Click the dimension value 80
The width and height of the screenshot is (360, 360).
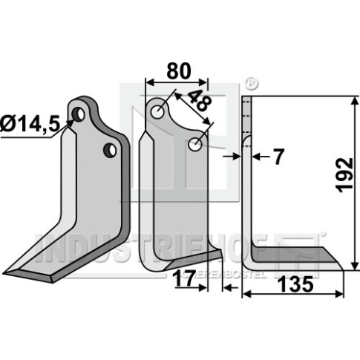tap(179, 71)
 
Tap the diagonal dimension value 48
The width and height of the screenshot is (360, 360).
tap(200, 100)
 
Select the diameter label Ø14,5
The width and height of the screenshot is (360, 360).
tap(30, 124)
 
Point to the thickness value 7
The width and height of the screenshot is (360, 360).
tap(278, 157)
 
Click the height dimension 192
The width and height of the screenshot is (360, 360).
tap(345, 175)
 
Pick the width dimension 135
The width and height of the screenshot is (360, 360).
tap(295, 284)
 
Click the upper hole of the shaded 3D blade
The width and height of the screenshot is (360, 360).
tap(78, 114)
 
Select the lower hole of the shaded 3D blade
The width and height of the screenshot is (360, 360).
tap(110, 150)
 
